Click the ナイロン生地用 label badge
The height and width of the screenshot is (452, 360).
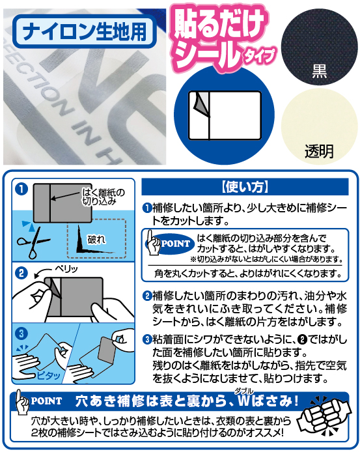(x=85, y=31)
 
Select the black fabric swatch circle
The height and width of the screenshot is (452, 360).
(x=319, y=47)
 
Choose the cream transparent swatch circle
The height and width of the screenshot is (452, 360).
(x=319, y=126)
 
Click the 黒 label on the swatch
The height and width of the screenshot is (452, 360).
(x=320, y=71)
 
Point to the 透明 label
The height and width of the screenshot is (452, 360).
(x=319, y=150)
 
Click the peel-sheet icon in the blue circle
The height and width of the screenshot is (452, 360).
(x=225, y=115)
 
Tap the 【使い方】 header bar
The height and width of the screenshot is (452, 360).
(x=245, y=187)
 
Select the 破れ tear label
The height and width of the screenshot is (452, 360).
(x=96, y=239)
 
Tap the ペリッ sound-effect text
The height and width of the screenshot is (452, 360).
(x=66, y=269)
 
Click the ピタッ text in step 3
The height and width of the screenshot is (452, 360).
(x=48, y=375)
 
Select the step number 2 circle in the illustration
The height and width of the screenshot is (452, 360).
(x=21, y=273)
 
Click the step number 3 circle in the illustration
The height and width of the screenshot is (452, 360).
(x=21, y=333)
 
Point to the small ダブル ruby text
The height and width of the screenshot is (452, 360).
(x=244, y=391)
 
